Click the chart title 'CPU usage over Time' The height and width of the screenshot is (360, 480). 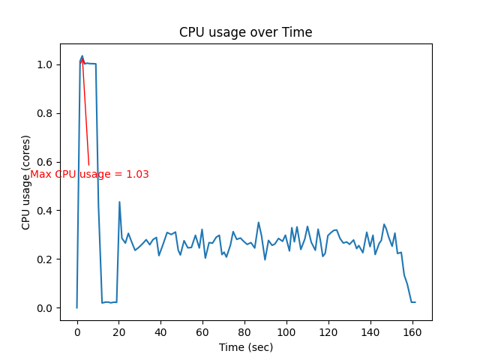click(x=245, y=33)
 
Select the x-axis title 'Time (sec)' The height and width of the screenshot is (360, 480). click(x=246, y=347)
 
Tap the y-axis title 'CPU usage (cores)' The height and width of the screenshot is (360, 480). click(x=26, y=182)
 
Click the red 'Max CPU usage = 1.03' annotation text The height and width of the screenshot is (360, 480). click(x=89, y=174)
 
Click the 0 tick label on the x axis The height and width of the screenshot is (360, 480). click(x=77, y=332)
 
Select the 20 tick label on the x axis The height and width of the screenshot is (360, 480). click(x=118, y=332)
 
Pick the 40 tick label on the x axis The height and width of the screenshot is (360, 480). click(x=160, y=332)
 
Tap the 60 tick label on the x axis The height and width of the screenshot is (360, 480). click(x=202, y=332)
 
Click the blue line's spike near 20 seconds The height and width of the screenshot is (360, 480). click(x=119, y=202)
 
